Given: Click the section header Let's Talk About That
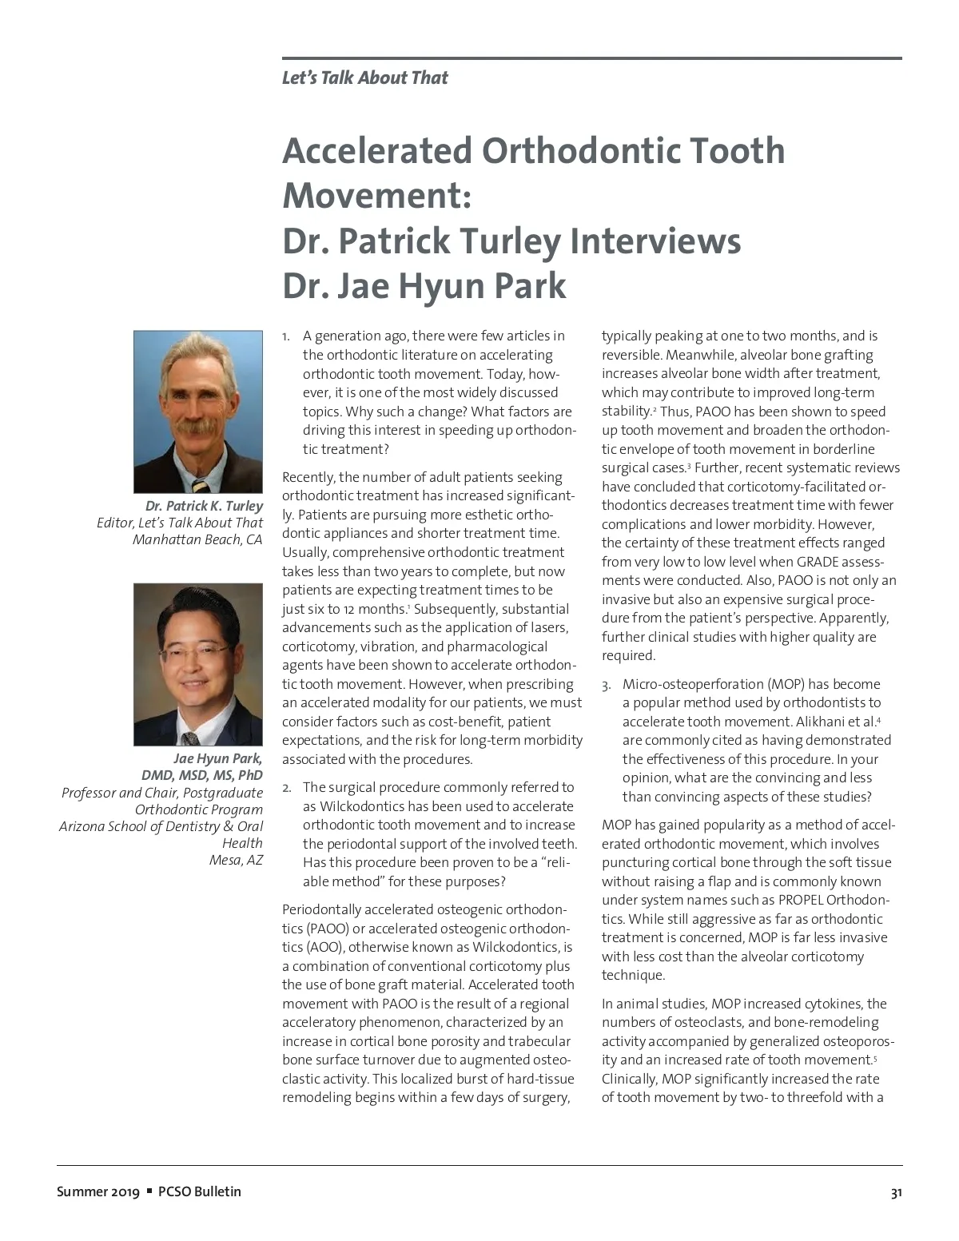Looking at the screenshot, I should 364,78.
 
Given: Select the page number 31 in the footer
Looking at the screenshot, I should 896,1193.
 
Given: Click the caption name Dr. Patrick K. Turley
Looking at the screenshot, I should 204,506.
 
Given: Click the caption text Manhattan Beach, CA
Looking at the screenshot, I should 197,539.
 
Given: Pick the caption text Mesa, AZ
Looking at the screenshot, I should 236,860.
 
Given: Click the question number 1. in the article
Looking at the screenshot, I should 286,336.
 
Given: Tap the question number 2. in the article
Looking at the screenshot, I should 287,788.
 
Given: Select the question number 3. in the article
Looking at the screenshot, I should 607,685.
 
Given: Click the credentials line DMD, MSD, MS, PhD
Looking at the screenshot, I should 202,775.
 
